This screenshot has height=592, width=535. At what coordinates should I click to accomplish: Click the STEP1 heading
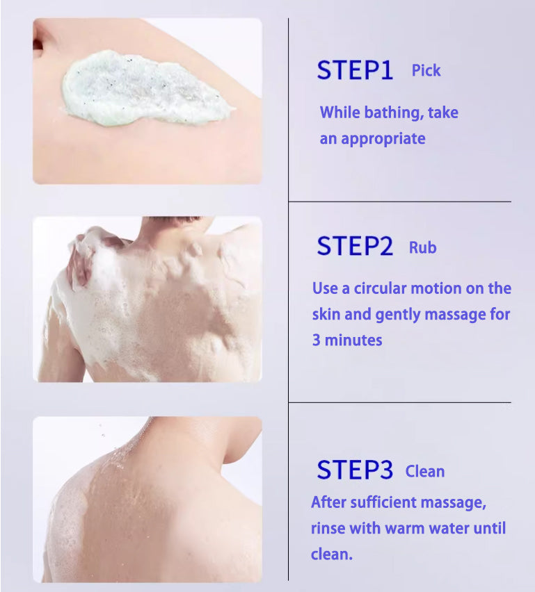pyautogui.click(x=355, y=70)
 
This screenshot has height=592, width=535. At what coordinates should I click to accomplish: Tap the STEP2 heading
pyautogui.click(x=355, y=246)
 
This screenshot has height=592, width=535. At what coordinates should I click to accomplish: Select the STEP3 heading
pyautogui.click(x=355, y=470)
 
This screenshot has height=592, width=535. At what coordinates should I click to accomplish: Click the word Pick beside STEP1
pyautogui.click(x=426, y=71)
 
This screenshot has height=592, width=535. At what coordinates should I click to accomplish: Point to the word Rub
pyautogui.click(x=423, y=247)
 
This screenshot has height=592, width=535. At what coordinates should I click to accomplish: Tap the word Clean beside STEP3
pyautogui.click(x=425, y=472)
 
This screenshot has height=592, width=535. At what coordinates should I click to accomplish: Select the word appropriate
pyautogui.click(x=383, y=139)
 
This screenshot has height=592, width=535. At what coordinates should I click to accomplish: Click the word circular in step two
pyautogui.click(x=380, y=288)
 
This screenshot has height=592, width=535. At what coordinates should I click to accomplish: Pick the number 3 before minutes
pyautogui.click(x=317, y=340)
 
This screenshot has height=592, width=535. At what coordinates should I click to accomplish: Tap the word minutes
pyautogui.click(x=353, y=340)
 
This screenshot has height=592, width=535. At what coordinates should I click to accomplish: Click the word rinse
pyautogui.click(x=328, y=529)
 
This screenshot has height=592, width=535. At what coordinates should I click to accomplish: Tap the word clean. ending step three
pyautogui.click(x=332, y=554)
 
